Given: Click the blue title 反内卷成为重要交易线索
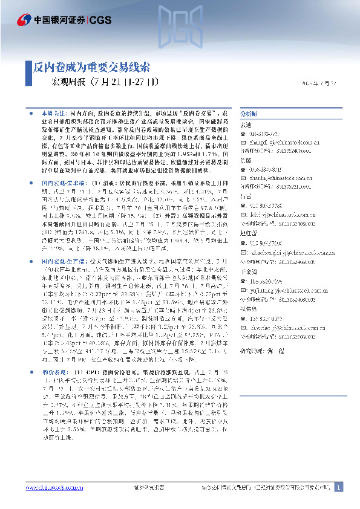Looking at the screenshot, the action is coord(91,67).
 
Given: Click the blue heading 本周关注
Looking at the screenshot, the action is coord(54,114).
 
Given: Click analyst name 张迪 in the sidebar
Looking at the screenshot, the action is coord(246,124).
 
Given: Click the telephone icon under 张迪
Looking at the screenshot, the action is coord(243,134).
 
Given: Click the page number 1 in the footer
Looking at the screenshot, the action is coord(338,487).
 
